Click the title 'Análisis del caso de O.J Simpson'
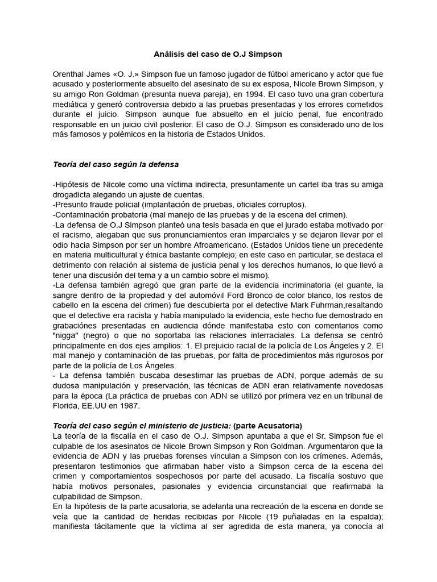tap(218, 54)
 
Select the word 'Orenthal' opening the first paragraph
tap(68, 74)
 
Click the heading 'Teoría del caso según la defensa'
tap(116, 165)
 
